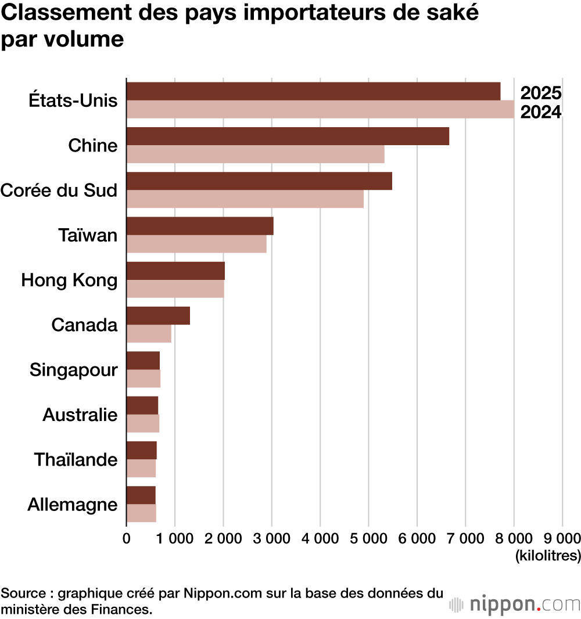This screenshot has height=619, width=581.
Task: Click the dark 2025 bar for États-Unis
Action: click(x=313, y=91)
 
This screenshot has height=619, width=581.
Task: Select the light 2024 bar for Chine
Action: click(x=255, y=154)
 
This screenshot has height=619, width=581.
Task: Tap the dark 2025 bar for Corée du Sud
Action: click(x=259, y=181)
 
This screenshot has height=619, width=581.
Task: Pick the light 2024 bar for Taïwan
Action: click(x=196, y=244)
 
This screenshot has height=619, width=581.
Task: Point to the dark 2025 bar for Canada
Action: click(x=158, y=316)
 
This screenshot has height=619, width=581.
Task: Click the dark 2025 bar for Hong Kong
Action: click(x=175, y=271)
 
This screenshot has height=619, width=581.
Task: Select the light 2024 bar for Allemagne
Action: click(x=141, y=513)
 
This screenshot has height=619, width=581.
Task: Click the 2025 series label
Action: click(x=540, y=93)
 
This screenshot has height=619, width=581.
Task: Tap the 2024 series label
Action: click(x=540, y=112)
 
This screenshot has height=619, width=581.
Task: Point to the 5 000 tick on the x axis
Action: click(x=368, y=538)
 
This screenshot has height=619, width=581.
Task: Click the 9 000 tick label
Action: click(x=562, y=538)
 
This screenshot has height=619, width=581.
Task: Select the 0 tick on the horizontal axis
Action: click(x=127, y=538)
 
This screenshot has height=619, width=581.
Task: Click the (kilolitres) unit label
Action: click(x=547, y=556)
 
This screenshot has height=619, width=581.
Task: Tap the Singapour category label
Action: click(x=73, y=370)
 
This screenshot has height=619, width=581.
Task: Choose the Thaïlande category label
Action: click(x=76, y=460)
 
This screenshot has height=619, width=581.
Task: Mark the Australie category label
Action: click(x=80, y=415)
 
